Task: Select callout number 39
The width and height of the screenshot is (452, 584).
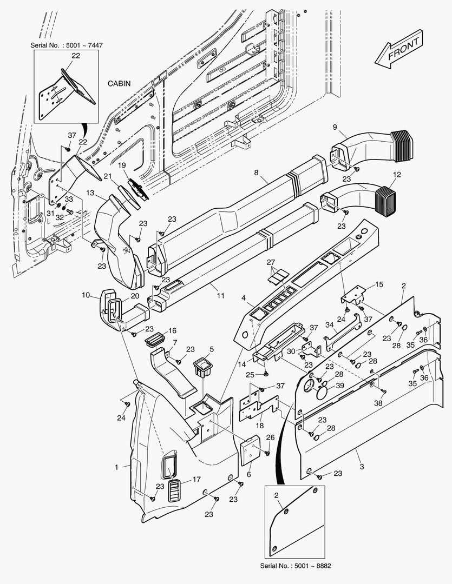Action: [339, 386]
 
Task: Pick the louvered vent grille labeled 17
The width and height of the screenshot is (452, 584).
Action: [174, 490]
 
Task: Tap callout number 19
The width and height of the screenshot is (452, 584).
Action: [122, 165]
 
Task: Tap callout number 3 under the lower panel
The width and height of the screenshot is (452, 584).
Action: [361, 450]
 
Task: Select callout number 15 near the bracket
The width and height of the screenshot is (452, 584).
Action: [378, 284]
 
